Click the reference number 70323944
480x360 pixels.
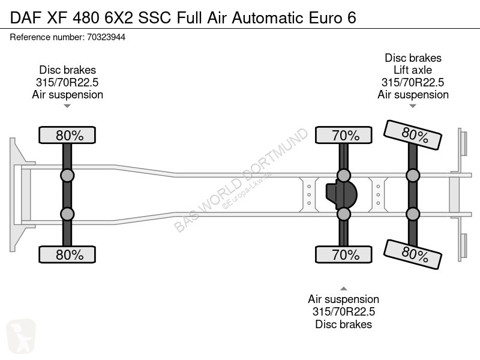pyautogui.click(x=106, y=37)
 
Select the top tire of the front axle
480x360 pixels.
pyautogui.click(x=67, y=135)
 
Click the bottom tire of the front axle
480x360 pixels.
pyautogui.click(x=67, y=254)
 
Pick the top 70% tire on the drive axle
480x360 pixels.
pyautogui.click(x=344, y=135)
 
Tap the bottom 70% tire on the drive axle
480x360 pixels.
pyautogui.click(x=344, y=254)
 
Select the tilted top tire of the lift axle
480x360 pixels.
pyautogui.click(x=413, y=134)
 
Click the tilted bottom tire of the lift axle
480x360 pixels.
pyautogui.click(x=413, y=254)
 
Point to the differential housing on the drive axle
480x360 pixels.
pyautogui.click(x=341, y=194)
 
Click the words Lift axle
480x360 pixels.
pyautogui.click(x=413, y=70)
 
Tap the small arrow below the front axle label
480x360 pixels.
pyautogui.click(x=67, y=106)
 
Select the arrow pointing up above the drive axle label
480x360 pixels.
pyautogui.click(x=344, y=289)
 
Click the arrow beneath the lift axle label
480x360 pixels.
pyautogui.click(x=413, y=106)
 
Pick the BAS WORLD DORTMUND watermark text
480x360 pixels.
pyautogui.click(x=241, y=179)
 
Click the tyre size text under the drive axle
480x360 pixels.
pyautogui.click(x=344, y=311)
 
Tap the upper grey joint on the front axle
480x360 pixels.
pyautogui.click(x=67, y=176)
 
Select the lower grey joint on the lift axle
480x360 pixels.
pyautogui.click(x=413, y=214)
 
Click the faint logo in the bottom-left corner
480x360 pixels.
pyautogui.click(x=21, y=336)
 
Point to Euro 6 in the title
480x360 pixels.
pyautogui.click(x=332, y=17)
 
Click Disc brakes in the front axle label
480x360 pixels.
pyautogui.click(x=67, y=70)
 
